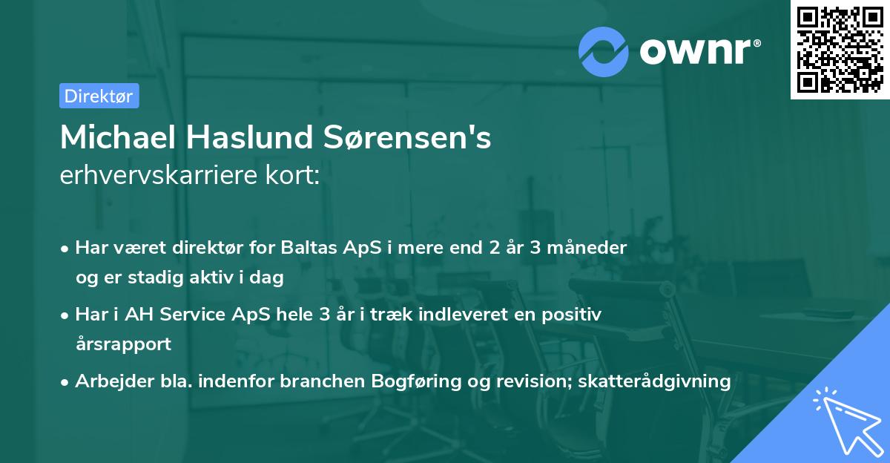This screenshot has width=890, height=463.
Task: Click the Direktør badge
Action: pyautogui.click(x=99, y=96)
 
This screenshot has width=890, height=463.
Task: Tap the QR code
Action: pyautogui.click(x=840, y=49)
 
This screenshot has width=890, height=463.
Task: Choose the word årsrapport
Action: pyautogui.click(x=123, y=344)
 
